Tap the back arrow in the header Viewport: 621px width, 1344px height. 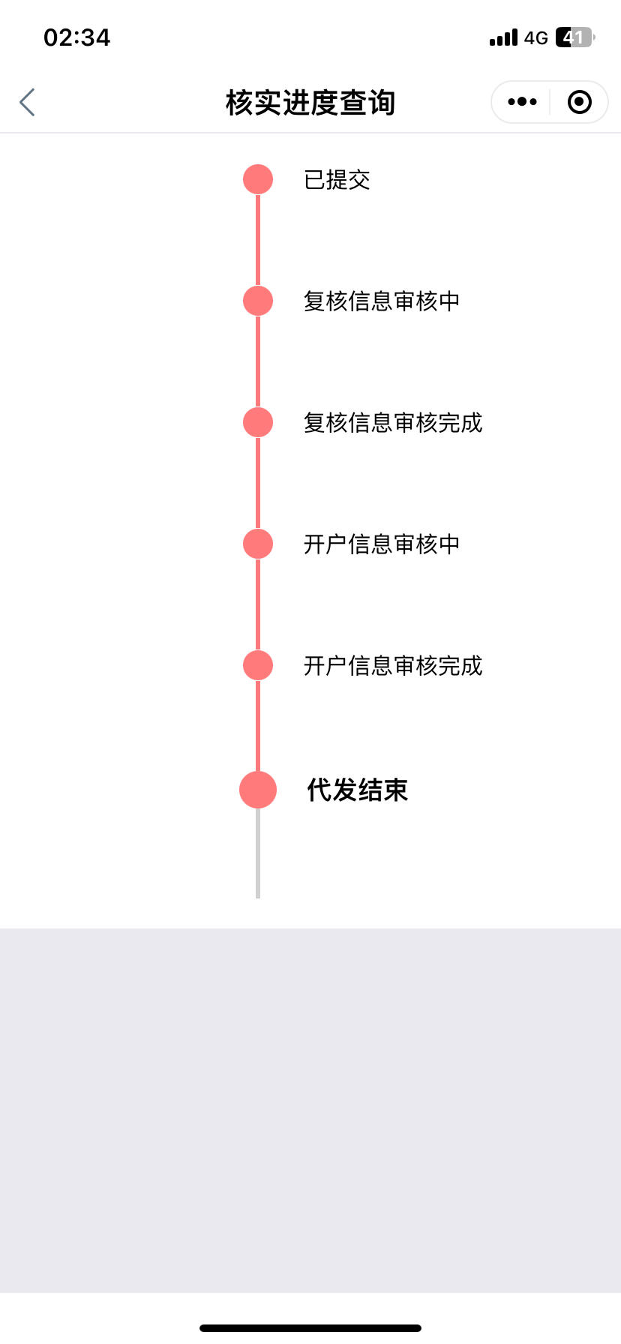[27, 103]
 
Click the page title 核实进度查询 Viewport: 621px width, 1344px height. [310, 103]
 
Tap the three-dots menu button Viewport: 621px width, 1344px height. [522, 102]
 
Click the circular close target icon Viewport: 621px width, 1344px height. [580, 102]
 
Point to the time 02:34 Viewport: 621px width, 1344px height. [77, 37]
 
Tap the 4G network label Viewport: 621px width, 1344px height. [536, 37]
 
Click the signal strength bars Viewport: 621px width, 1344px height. [503, 37]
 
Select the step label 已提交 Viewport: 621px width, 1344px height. [337, 180]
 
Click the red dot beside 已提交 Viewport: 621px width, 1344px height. [258, 180]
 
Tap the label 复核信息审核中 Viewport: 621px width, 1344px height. [382, 301]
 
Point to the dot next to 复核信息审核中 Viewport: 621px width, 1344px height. [258, 301]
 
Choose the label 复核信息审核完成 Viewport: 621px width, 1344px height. [393, 423]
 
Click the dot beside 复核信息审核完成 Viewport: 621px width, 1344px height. [258, 423]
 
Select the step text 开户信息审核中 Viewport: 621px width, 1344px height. [382, 544]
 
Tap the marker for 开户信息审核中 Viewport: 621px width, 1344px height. [258, 544]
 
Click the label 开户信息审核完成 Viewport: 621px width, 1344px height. [393, 666]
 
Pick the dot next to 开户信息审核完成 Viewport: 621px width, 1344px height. [258, 666]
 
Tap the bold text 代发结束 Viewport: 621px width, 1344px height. [357, 790]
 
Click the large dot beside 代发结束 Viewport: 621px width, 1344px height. [258, 790]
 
